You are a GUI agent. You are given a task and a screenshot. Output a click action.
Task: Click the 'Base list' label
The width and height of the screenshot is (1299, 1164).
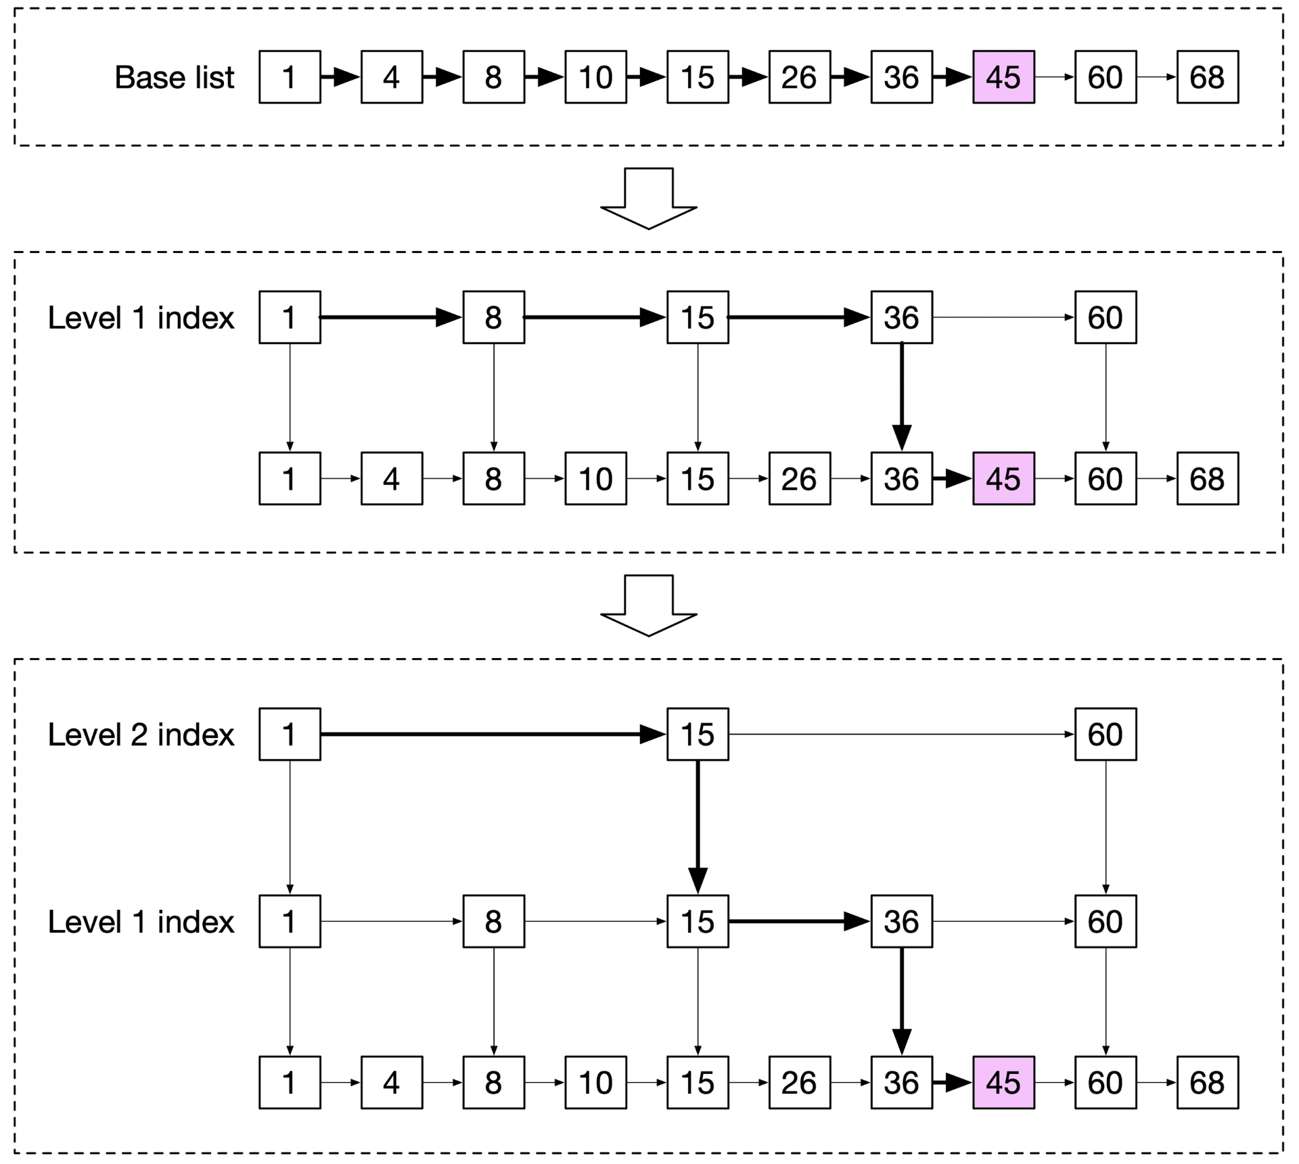(x=174, y=77)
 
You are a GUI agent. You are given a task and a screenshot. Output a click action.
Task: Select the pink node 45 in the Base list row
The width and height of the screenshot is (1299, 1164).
(x=1003, y=77)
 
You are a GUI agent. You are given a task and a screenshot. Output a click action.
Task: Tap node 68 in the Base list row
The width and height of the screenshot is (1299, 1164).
(x=1208, y=77)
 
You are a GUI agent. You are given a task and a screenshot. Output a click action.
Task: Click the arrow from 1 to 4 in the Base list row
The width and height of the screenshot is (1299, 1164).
(x=340, y=77)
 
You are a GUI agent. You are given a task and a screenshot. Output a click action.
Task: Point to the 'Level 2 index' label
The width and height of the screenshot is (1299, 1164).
(x=141, y=735)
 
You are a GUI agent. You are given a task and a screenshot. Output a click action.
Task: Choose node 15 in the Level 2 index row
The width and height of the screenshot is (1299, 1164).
(x=698, y=735)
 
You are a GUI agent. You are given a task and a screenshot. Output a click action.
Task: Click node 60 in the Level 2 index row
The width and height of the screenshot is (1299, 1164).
(x=1106, y=735)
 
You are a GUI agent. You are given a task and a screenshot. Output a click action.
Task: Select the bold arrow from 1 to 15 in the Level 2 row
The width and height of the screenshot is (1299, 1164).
(x=493, y=735)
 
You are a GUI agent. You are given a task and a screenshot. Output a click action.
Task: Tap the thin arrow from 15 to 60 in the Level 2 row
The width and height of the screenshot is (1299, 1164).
(x=902, y=735)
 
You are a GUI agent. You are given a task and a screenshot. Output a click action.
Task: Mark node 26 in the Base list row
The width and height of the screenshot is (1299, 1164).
(x=800, y=77)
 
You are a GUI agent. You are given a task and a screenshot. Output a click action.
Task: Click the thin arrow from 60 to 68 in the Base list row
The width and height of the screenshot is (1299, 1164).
(x=1157, y=77)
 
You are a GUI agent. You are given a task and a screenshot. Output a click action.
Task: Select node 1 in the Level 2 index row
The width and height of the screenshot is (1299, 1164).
(x=290, y=735)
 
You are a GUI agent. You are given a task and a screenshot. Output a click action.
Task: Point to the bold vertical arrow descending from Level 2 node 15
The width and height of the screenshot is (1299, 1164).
(x=698, y=827)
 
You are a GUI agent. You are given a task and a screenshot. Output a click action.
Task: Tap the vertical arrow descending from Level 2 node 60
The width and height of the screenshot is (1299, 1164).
(x=1106, y=827)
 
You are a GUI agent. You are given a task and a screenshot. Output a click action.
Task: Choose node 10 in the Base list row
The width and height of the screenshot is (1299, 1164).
(x=595, y=77)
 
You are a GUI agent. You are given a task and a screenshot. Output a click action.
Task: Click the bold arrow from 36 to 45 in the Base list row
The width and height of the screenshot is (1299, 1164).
(x=953, y=77)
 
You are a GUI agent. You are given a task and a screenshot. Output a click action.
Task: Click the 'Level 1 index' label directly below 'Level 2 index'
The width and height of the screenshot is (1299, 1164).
(x=141, y=922)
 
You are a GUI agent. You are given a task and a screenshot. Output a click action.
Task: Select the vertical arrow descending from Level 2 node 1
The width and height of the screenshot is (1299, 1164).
(x=290, y=827)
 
